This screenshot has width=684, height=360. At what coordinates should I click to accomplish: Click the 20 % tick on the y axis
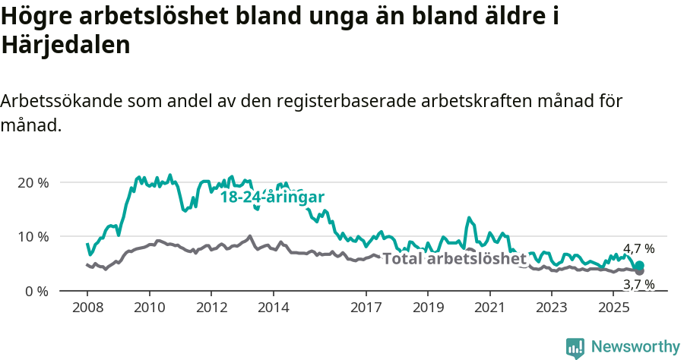tap(32, 183)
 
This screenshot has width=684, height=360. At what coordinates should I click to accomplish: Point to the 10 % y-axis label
tap(32, 237)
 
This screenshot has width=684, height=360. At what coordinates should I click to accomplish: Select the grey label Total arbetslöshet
tap(454, 259)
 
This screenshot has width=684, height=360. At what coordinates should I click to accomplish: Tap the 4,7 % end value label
tap(639, 248)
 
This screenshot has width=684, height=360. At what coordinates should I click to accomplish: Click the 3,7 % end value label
tap(639, 285)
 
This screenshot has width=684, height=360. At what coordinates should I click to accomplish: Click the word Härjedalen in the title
tap(66, 46)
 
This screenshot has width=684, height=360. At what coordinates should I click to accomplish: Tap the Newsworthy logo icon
tap(575, 347)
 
